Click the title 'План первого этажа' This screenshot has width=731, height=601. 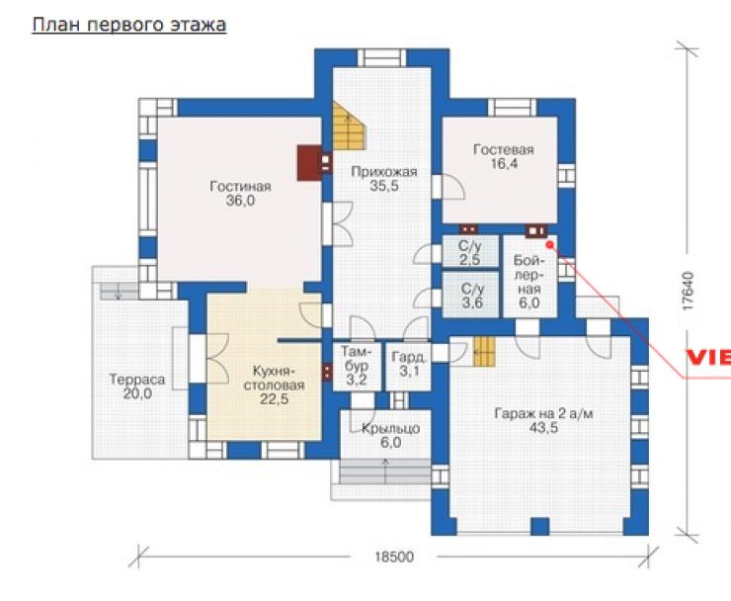coord(129,25)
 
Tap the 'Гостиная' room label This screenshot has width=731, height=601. coord(240,187)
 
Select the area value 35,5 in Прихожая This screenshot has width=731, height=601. coord(384,186)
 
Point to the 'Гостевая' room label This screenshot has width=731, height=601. coord(503,150)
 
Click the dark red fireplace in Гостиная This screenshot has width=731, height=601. coord(309,163)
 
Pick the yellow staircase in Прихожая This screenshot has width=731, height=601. coord(348,126)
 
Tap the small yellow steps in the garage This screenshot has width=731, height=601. coord(484,352)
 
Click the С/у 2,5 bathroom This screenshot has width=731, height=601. coord(470,252)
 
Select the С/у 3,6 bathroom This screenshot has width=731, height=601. coord(471,296)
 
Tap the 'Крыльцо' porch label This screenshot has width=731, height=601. coord(390,428)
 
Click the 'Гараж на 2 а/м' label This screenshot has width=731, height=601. coord(543,414)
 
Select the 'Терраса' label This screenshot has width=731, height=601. coord(137,380)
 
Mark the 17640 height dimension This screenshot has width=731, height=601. coord(688,292)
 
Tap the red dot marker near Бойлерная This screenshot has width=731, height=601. coord(549,244)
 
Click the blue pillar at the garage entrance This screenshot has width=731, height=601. coord(540,526)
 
